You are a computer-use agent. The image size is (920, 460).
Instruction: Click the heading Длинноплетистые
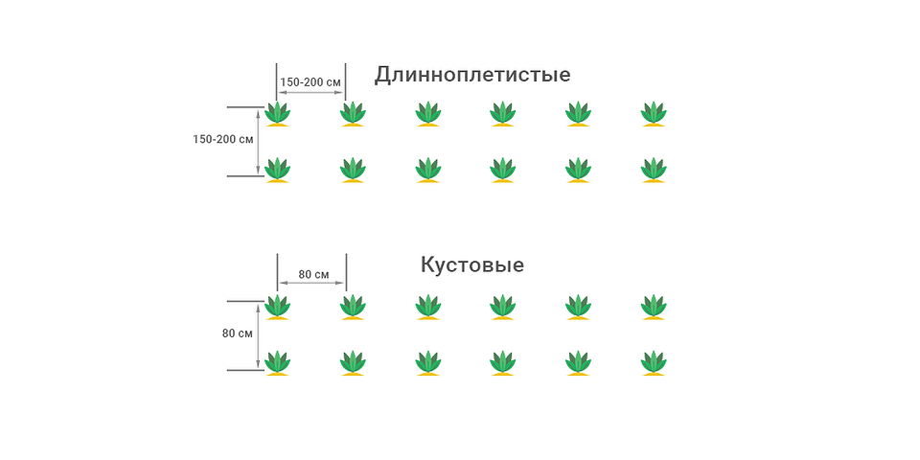(472, 74)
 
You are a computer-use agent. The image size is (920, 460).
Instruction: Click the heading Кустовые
(472, 264)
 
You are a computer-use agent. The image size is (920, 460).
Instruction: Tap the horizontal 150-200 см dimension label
(310, 82)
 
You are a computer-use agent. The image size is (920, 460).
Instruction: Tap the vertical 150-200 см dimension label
(222, 139)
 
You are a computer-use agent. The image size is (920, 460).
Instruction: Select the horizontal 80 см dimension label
(313, 274)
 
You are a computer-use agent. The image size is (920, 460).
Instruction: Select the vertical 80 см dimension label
(237, 333)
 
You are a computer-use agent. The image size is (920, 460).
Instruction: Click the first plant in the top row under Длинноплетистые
(277, 113)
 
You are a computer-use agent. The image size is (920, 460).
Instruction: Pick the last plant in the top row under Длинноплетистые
(654, 113)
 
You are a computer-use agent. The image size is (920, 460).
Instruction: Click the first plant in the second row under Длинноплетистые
(277, 170)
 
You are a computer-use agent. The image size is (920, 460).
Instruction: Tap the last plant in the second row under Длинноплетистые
(654, 170)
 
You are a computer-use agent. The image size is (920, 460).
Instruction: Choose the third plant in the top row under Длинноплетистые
(427, 113)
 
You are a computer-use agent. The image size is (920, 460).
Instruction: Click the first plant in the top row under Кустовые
(277, 307)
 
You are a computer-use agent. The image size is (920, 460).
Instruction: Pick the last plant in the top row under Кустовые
(654, 307)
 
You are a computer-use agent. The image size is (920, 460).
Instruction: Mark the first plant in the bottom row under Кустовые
(277, 363)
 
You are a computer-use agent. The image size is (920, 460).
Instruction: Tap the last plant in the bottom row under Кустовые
(654, 363)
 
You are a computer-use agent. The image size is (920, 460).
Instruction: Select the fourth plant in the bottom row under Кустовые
(503, 363)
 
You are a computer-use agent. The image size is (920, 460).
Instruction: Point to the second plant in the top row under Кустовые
(353, 307)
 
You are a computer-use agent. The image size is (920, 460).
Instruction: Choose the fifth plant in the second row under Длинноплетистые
(578, 170)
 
